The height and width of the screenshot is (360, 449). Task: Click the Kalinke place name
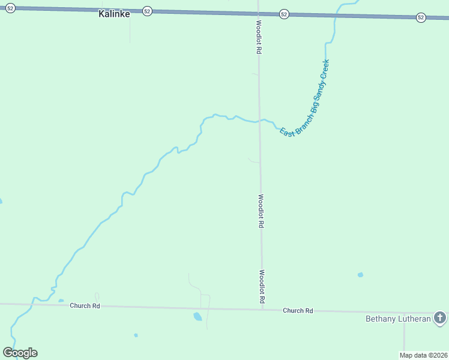pyautogui.click(x=114, y=13)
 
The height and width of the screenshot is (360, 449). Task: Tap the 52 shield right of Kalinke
pyautogui.click(x=148, y=11)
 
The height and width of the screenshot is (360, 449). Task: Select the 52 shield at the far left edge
pyautogui.click(x=10, y=7)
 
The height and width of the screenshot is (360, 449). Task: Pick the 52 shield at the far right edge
pyautogui.click(x=421, y=17)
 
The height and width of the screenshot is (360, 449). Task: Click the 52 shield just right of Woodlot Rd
pyautogui.click(x=284, y=14)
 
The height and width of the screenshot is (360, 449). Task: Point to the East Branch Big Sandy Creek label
pyautogui.click(x=306, y=98)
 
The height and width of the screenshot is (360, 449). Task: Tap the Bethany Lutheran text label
pyautogui.click(x=398, y=319)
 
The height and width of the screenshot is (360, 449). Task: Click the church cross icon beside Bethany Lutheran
pyautogui.click(x=440, y=317)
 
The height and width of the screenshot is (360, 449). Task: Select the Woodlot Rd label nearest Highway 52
pyautogui.click(x=258, y=38)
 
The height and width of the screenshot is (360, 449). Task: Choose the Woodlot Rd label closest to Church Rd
pyautogui.click(x=262, y=286)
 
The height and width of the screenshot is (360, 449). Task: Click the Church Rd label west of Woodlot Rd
pyautogui.click(x=85, y=305)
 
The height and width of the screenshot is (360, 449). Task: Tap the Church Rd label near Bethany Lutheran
pyautogui.click(x=298, y=310)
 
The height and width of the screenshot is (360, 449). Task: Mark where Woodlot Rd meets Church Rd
pyautogui.click(x=262, y=310)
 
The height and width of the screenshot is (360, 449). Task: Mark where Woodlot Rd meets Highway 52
pyautogui.click(x=258, y=13)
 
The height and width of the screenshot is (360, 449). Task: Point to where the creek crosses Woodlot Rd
pyautogui.click(x=259, y=121)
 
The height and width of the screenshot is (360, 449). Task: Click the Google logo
pyautogui.click(x=20, y=352)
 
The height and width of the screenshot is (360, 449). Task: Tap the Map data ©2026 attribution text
pyautogui.click(x=424, y=355)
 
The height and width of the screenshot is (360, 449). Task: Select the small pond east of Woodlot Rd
pyautogui.click(x=360, y=275)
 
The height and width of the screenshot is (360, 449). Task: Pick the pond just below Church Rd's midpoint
pyautogui.click(x=197, y=316)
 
